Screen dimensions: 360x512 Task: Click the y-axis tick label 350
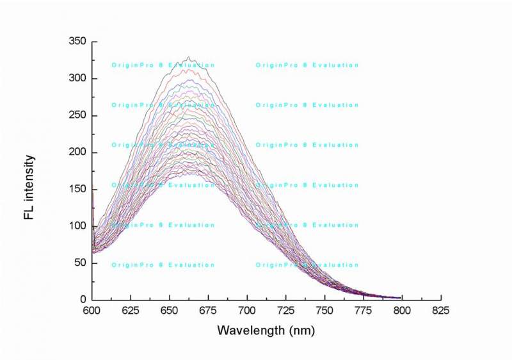77,42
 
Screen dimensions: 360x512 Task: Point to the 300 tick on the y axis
77,78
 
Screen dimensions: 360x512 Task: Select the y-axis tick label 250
77,115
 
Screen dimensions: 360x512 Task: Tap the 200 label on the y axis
77,152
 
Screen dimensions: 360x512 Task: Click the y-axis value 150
77,189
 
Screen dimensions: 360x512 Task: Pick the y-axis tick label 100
77,226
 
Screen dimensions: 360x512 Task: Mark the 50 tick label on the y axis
79,263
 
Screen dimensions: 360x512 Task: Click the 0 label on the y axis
83,299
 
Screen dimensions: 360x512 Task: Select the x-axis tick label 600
92,311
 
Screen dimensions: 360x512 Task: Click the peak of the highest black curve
188,58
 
